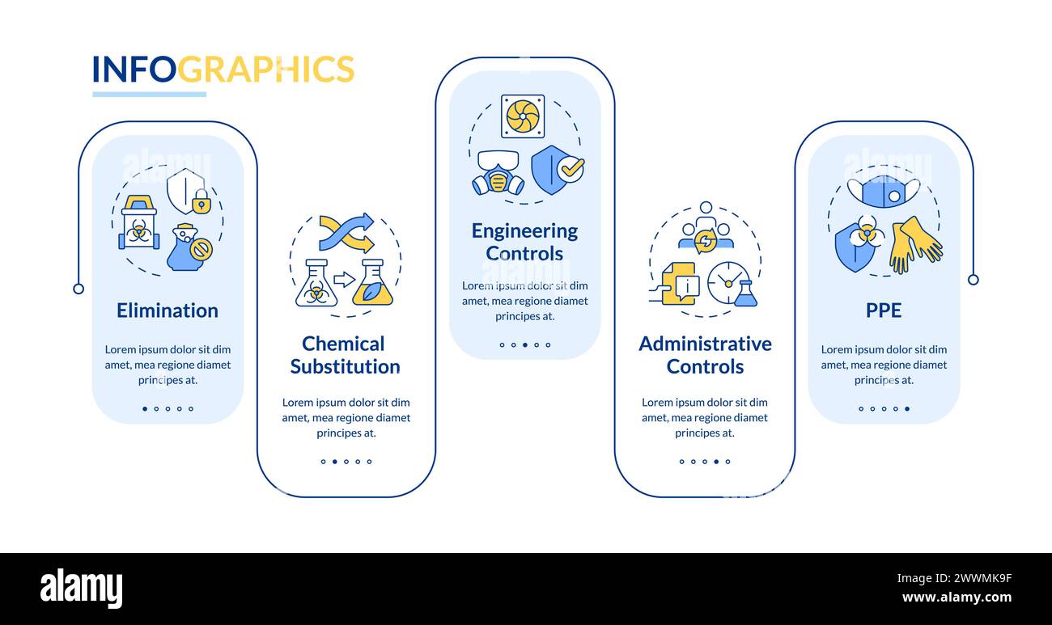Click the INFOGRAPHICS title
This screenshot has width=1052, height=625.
tap(223, 70)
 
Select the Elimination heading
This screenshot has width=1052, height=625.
tap(168, 310)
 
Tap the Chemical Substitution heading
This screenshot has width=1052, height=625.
tap(345, 355)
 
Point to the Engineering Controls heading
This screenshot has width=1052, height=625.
tap(524, 242)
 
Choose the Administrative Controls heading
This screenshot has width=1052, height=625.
tap(705, 355)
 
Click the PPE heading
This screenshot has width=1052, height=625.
tap(884, 310)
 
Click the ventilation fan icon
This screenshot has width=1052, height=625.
tap(523, 116)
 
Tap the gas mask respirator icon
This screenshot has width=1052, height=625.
tap(498, 173)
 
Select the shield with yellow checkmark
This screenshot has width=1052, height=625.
tap(556, 169)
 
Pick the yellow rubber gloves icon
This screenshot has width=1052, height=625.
tap(916, 243)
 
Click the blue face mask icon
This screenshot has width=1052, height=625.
tap(884, 192)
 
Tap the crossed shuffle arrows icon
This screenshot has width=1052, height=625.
tap(346, 233)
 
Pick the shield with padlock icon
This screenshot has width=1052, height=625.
tap(188, 192)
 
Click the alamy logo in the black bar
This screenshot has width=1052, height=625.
tap(81, 589)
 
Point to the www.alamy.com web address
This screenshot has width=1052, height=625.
tap(957, 598)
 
